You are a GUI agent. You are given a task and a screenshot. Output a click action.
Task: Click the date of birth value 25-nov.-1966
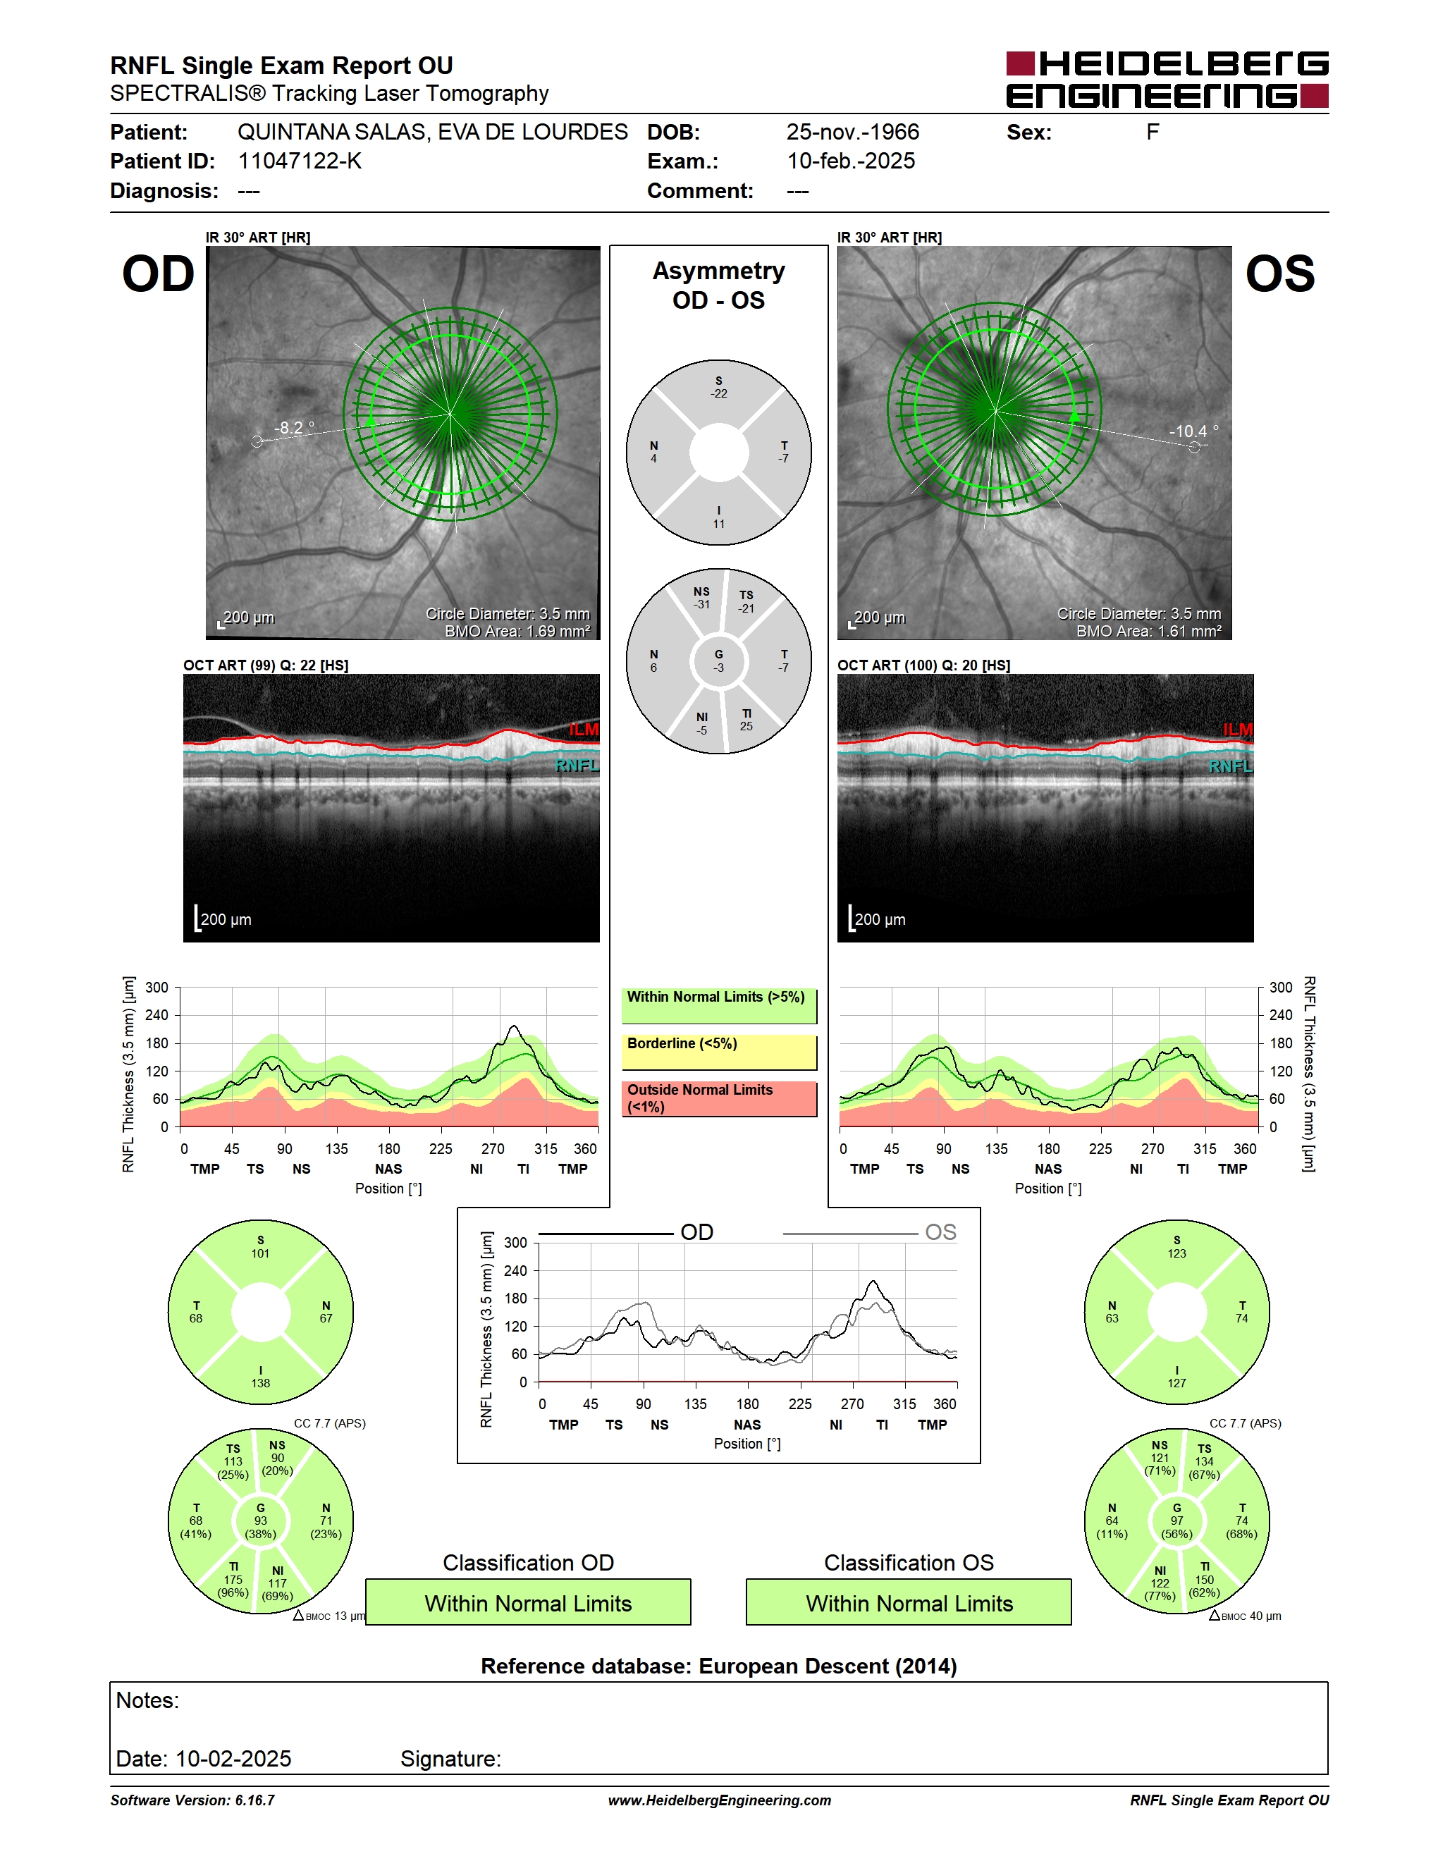point(853,132)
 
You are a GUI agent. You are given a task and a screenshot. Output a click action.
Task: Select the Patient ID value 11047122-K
point(300,161)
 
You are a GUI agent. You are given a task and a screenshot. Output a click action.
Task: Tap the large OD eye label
point(159,274)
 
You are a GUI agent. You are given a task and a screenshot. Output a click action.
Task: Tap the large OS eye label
point(1280,274)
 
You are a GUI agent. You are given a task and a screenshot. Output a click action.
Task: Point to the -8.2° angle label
point(294,427)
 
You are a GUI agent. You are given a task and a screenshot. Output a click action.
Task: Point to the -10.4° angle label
point(1193,431)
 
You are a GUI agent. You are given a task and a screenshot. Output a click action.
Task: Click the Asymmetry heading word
point(719,271)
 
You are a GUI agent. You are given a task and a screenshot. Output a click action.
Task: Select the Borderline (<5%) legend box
point(719,1052)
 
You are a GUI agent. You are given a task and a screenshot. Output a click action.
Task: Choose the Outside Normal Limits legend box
point(719,1098)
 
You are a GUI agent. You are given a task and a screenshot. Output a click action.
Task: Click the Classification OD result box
point(528,1603)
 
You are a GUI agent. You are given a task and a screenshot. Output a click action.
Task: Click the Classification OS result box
point(909,1603)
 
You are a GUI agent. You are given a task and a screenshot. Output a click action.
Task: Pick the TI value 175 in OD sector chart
point(233,1580)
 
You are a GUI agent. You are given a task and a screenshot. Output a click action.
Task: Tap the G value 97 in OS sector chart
point(1176,1521)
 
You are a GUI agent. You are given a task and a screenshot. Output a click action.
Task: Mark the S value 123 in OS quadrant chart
point(1176,1253)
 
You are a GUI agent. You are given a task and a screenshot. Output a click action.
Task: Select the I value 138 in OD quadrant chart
point(261,1383)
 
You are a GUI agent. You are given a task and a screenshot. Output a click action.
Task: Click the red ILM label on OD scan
point(584,730)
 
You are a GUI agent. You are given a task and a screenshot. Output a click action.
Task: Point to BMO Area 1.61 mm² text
point(1148,632)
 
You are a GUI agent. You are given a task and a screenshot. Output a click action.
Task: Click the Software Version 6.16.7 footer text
point(192,1800)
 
